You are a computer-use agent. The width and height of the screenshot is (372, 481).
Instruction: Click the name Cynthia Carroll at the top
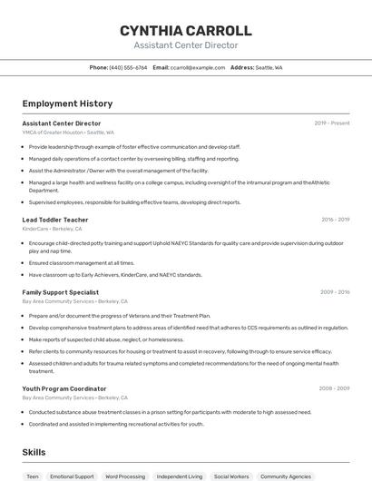(x=185, y=30)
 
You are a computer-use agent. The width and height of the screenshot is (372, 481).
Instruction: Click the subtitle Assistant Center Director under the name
(x=185, y=45)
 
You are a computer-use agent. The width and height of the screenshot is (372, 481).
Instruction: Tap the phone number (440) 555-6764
(x=128, y=67)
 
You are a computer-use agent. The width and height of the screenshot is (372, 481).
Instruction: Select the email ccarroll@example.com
(x=197, y=67)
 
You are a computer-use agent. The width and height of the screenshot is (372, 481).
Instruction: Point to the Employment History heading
(x=67, y=104)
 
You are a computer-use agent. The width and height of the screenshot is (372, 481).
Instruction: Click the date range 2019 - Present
(x=331, y=123)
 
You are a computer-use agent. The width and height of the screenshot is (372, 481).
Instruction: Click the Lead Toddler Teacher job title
(x=55, y=220)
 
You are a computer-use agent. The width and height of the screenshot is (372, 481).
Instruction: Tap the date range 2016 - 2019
(x=335, y=220)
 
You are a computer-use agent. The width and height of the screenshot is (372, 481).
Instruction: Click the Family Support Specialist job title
(x=61, y=292)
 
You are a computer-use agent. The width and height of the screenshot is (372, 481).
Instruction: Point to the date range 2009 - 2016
(x=335, y=292)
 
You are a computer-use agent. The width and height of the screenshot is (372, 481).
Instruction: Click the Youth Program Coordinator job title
(x=64, y=388)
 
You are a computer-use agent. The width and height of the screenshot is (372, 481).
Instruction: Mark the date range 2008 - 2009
(x=335, y=388)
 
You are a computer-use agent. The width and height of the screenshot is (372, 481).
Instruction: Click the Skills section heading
(x=34, y=452)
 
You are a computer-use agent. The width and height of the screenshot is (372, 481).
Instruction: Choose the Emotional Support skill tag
(x=72, y=476)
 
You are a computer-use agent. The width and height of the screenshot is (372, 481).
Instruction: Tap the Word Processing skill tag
(x=125, y=476)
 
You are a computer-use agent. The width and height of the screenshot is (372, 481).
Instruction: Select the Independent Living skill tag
(x=180, y=476)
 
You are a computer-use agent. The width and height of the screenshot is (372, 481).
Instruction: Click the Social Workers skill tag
(x=231, y=476)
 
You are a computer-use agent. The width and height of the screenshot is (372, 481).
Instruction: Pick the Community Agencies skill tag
(x=286, y=476)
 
